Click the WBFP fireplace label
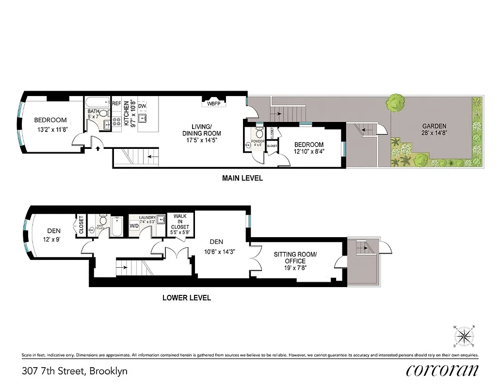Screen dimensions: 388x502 pyautogui.click(x=214, y=103)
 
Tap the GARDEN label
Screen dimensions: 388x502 pyautogui.click(x=434, y=126)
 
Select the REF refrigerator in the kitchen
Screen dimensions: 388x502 pyautogui.click(x=116, y=103)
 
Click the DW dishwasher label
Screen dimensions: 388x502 pyautogui.click(x=142, y=106)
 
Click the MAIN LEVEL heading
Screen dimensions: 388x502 pyautogui.click(x=242, y=178)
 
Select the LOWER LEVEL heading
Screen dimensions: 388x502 pyautogui.click(x=186, y=298)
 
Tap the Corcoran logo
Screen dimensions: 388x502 pyautogui.click(x=442, y=370)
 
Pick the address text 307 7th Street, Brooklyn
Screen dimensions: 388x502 pyautogui.click(x=75, y=372)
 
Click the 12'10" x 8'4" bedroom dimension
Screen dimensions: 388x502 pyautogui.click(x=309, y=151)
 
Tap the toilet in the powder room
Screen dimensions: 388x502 pyautogui.click(x=259, y=132)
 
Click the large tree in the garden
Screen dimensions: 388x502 pyautogui.click(x=396, y=103)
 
